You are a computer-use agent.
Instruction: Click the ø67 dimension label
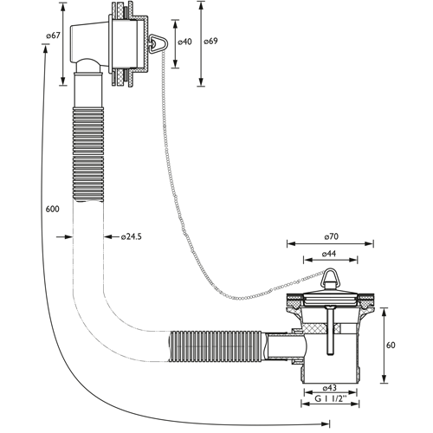[x=53, y=36]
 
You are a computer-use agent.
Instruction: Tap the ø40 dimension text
[x=184, y=42]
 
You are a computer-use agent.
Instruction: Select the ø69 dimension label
[x=210, y=41]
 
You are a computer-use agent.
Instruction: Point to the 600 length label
[x=53, y=209]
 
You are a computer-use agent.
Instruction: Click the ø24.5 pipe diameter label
[x=132, y=236]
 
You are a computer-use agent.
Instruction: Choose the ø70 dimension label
[x=331, y=236]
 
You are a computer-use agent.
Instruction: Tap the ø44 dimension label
[x=329, y=254]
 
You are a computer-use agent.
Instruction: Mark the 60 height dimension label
[x=391, y=345]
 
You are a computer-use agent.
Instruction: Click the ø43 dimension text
[x=329, y=387]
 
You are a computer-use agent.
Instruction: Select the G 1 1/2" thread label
[x=330, y=398]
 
